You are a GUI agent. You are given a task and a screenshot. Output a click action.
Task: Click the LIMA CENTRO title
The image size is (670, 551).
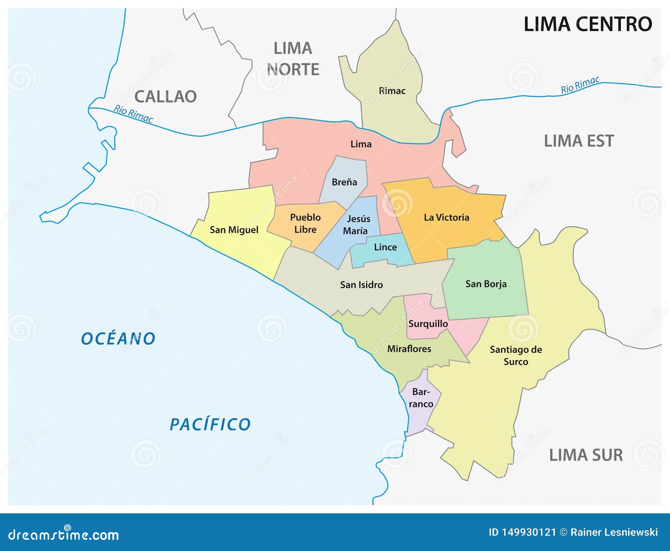(x=588, y=24)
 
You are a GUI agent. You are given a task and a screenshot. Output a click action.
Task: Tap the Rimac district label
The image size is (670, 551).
(x=392, y=91)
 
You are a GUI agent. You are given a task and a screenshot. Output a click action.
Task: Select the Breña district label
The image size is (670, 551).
(x=344, y=182)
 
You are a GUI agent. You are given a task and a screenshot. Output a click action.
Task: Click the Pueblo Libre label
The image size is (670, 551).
(x=305, y=223)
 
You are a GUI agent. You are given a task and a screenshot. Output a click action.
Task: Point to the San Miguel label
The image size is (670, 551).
(x=234, y=230)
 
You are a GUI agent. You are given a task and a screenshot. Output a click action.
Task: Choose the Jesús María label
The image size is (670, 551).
(x=356, y=224)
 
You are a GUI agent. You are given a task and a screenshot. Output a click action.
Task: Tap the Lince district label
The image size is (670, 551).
(x=385, y=247)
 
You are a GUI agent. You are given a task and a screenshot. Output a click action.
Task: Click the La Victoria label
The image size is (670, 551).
(x=446, y=217)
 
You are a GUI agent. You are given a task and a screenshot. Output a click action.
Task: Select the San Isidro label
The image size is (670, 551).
(x=361, y=284)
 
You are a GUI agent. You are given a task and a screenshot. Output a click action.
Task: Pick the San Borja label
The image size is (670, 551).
(x=486, y=284)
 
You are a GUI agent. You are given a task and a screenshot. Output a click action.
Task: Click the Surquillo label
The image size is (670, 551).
(x=428, y=323)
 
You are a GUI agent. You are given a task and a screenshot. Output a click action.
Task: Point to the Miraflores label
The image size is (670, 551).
(x=409, y=349)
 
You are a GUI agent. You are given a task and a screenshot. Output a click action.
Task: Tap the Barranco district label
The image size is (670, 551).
(x=421, y=397)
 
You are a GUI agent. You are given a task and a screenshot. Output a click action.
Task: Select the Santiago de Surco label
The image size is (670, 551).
(x=515, y=355)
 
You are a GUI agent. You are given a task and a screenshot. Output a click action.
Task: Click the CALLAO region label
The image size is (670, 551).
(x=165, y=97)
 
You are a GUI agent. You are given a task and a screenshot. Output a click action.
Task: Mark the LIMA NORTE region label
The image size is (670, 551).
(x=293, y=59)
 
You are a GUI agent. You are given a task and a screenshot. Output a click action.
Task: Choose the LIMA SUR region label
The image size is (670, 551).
(x=585, y=455)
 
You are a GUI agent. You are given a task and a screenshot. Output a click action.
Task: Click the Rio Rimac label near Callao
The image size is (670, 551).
(x=133, y=114)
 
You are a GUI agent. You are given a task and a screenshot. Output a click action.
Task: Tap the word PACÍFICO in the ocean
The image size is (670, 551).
(x=210, y=424)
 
